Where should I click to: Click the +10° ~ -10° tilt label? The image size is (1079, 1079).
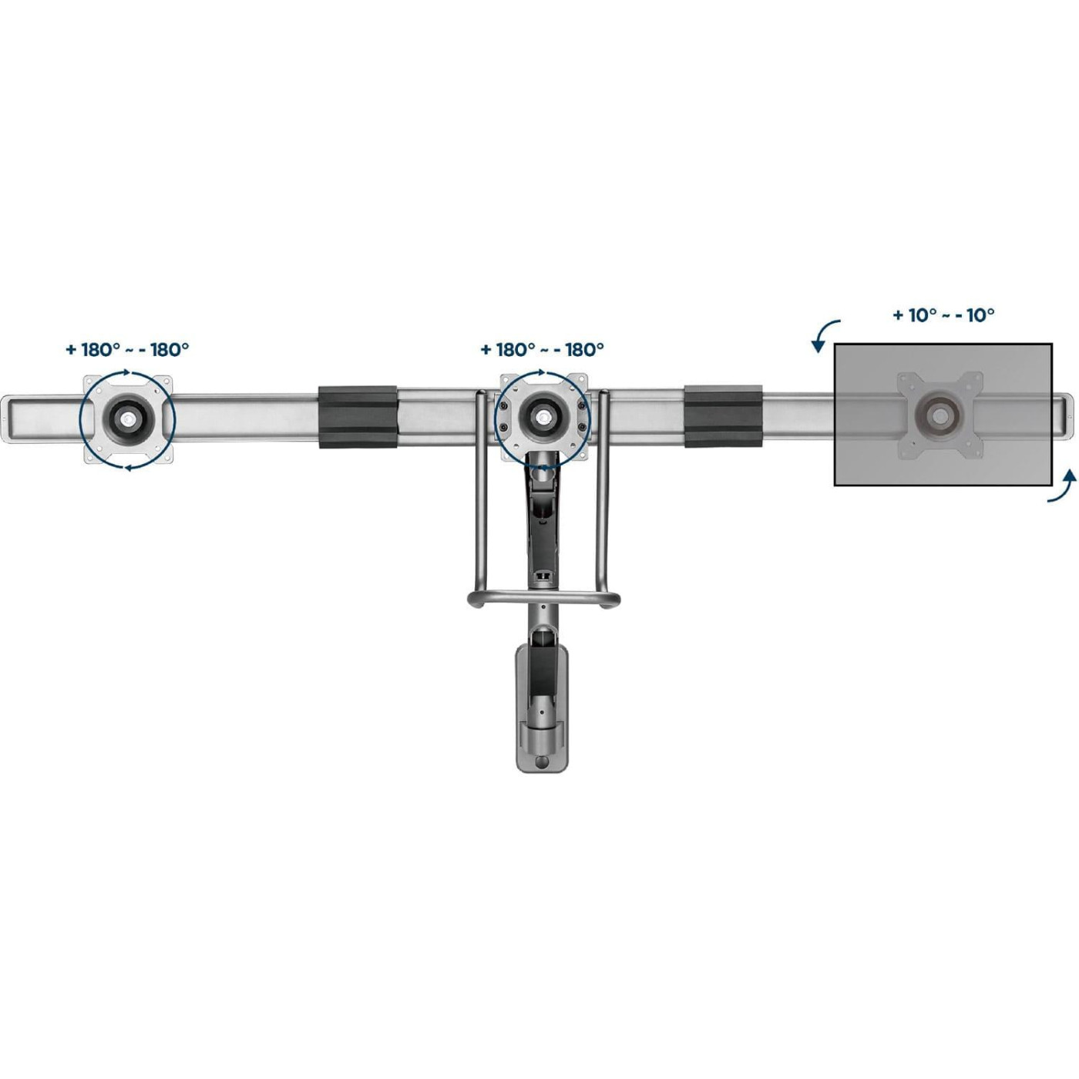click(x=943, y=314)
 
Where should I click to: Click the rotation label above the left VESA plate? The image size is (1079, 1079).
click(x=128, y=350)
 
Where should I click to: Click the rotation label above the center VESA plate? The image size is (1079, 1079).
click(x=543, y=350)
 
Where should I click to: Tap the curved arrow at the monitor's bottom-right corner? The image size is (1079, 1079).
click(x=1062, y=486)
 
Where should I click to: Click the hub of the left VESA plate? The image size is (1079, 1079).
click(x=128, y=418)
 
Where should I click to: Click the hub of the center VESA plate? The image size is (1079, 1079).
click(x=543, y=418)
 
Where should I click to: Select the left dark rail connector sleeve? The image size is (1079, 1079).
click(x=358, y=417)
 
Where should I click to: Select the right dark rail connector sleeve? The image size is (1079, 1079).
click(x=724, y=417)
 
